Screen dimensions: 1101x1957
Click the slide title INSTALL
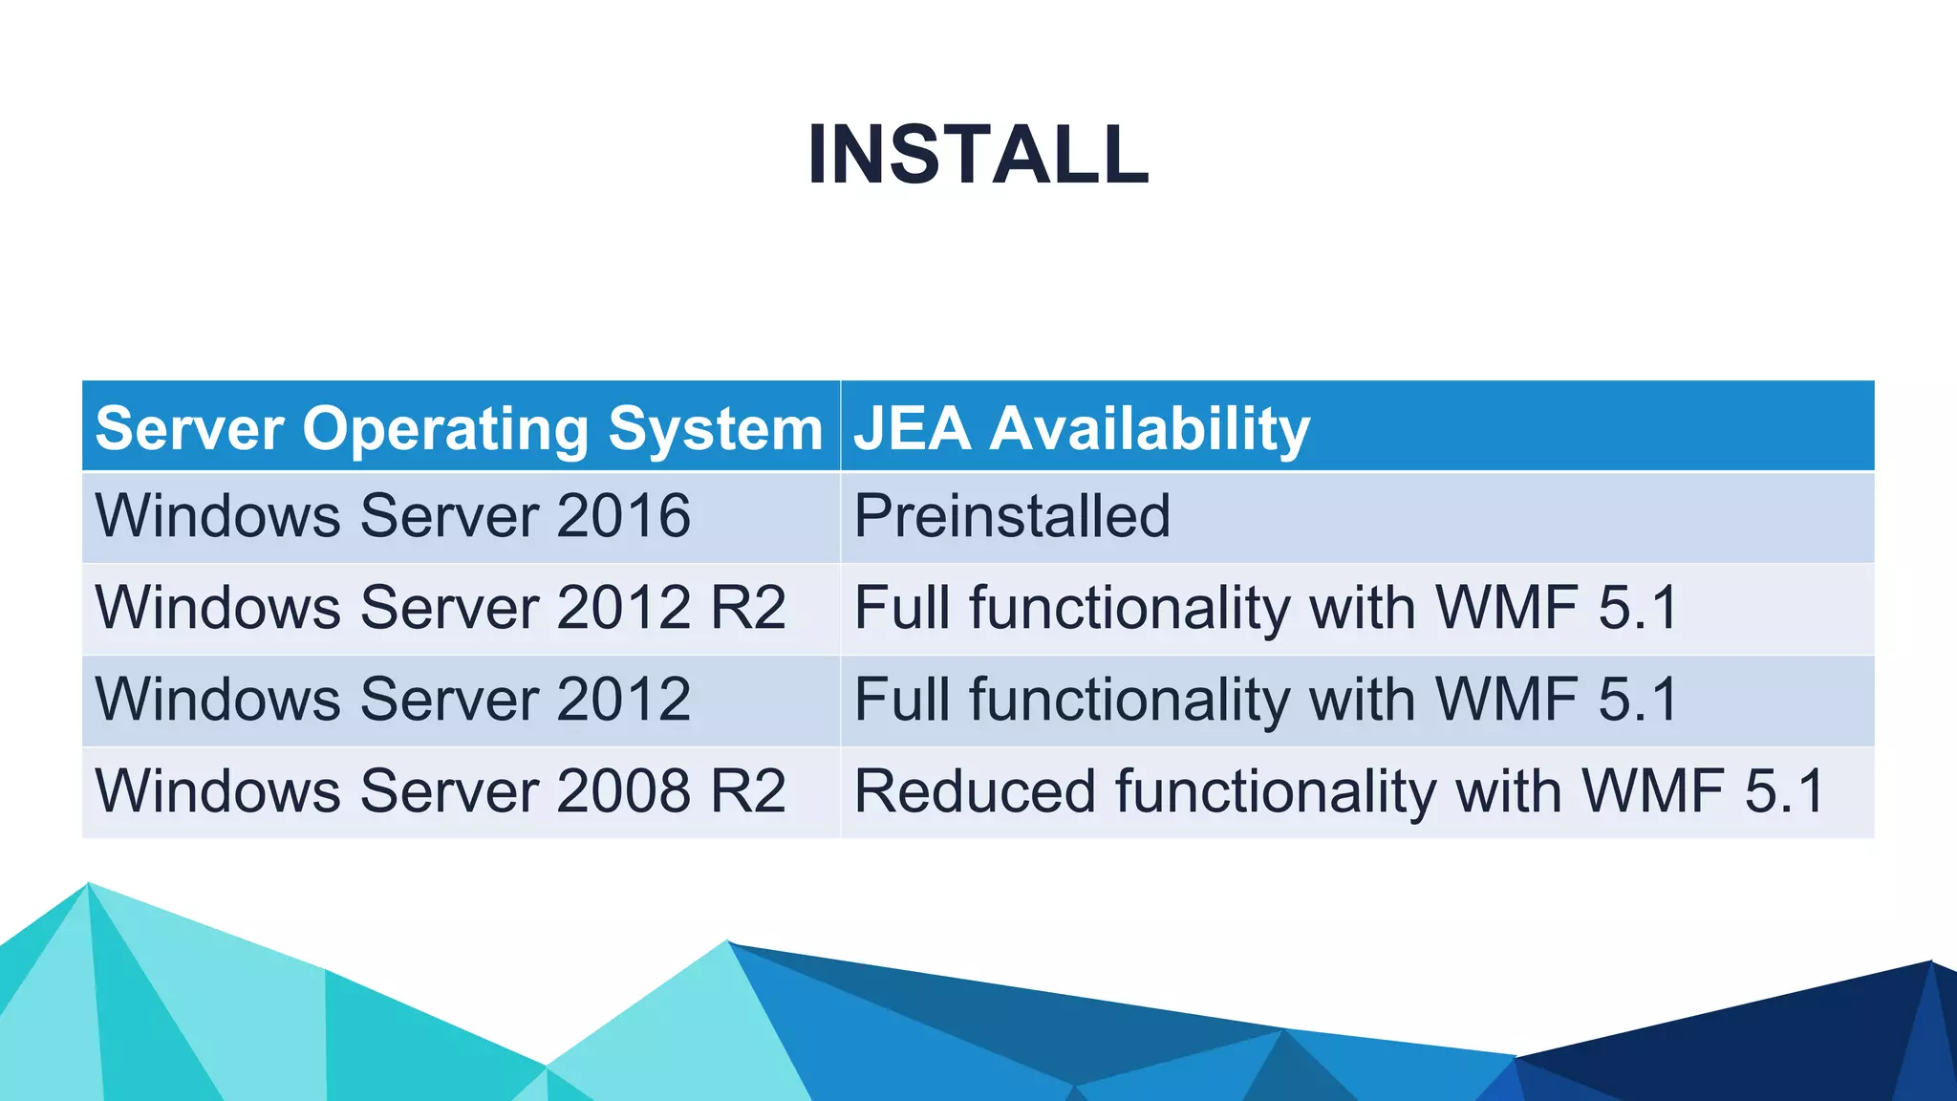point(978,155)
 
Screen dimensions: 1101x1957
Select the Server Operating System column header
point(459,427)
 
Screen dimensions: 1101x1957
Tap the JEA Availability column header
point(1082,427)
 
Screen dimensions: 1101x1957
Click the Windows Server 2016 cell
point(393,516)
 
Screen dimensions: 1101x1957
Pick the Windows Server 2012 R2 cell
point(441,608)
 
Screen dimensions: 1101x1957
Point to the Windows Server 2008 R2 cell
point(441,791)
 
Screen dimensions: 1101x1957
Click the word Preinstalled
point(1012,516)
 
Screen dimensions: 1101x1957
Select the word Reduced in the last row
point(974,791)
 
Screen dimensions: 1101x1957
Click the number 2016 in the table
point(623,516)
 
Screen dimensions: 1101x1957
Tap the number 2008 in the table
point(623,791)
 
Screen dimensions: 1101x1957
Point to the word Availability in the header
point(1150,427)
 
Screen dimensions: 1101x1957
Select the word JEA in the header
point(913,427)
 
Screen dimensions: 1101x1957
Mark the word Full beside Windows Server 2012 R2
point(902,608)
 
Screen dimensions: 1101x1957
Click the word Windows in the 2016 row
point(218,516)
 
